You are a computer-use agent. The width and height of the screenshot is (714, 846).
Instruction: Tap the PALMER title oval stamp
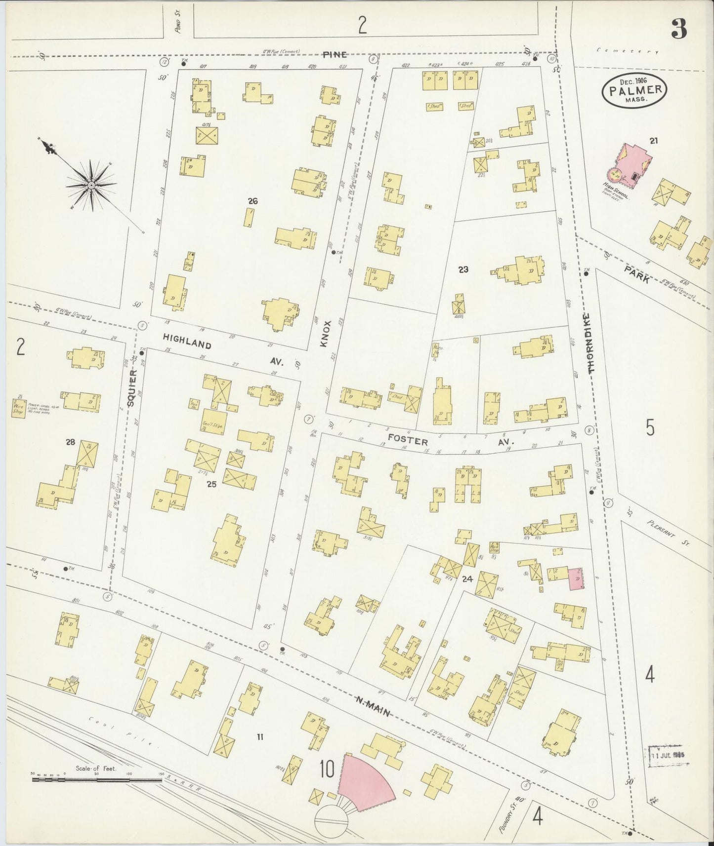635,90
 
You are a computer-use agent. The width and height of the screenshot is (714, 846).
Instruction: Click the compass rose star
92,184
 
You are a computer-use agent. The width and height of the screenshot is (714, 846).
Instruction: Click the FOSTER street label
408,440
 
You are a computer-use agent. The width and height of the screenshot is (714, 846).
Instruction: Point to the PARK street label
637,274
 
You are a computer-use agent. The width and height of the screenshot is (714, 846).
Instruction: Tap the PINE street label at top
335,55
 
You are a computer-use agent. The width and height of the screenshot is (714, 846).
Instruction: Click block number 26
253,201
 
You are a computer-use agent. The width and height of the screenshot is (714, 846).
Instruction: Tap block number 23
463,269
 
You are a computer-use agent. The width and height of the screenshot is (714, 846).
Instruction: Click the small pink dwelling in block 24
576,578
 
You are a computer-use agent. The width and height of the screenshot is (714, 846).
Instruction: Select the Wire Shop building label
19,408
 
